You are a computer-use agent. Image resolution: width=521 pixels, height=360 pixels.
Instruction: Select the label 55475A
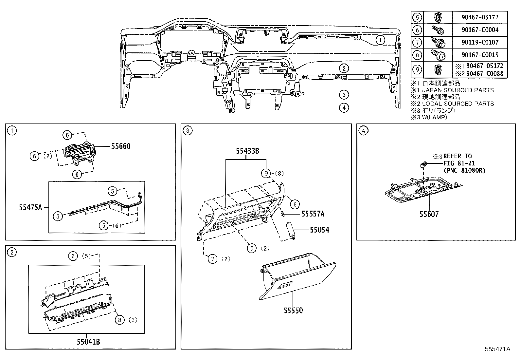coord(30,207)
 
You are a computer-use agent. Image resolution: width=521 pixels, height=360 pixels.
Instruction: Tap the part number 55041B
coord(88,342)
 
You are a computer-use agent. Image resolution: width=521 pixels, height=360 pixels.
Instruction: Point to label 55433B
coord(248,151)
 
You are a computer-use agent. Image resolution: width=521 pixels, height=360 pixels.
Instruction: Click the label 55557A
coord(313,214)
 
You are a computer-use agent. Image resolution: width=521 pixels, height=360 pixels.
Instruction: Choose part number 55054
coord(319,230)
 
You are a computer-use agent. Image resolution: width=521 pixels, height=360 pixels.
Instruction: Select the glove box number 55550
coord(293,310)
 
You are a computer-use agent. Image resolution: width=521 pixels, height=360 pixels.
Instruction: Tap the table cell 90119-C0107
coord(480,42)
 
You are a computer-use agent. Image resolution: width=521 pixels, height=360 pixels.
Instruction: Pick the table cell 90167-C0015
coord(480,55)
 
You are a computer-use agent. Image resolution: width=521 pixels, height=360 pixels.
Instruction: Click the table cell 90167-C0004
coord(480,30)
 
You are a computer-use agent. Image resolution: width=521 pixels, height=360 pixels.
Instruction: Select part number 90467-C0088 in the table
coord(484,74)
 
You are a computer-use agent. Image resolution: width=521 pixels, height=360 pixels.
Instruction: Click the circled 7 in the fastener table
coord(417,42)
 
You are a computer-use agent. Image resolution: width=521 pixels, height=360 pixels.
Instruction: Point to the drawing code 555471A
coord(497,349)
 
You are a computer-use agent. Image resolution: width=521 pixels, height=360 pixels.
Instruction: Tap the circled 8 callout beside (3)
coord(120,320)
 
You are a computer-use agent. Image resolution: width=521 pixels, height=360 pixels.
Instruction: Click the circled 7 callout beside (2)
coord(212,259)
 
